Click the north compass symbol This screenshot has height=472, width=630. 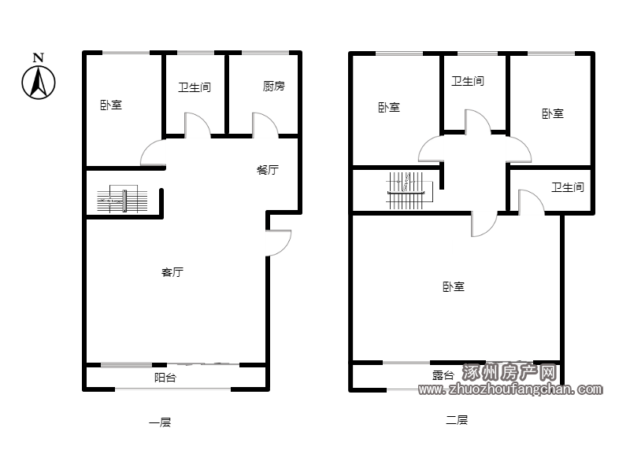point(39,83)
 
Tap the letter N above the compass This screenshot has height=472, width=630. point(38,57)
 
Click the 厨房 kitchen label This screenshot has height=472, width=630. point(273,86)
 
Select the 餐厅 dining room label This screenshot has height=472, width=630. point(267,170)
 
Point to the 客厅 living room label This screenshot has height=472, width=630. point(172,272)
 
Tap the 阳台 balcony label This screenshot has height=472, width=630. point(165,378)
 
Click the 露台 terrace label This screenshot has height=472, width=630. point(443,375)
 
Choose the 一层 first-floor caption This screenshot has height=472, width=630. point(160,422)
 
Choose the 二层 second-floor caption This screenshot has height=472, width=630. point(457,420)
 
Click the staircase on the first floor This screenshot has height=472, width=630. point(123,200)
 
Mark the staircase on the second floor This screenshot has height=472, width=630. point(407,190)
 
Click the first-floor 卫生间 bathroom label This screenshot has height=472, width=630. point(195,87)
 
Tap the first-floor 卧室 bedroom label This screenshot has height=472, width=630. point(111,105)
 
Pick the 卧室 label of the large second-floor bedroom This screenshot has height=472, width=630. point(454,286)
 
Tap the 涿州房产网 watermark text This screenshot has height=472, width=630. point(509,372)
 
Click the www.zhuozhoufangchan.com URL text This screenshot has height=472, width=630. point(510,389)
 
